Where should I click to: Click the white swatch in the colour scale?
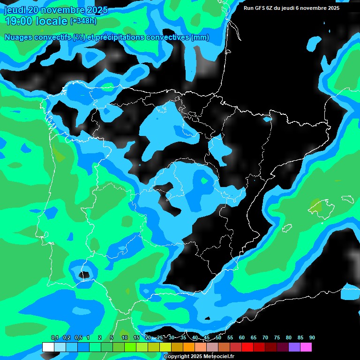(48, 347)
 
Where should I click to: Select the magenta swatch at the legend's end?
(306, 347)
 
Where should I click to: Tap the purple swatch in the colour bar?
(294, 347)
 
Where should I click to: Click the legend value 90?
(312, 337)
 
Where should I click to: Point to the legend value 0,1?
(55, 337)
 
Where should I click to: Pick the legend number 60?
(241, 337)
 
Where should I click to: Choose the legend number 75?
(277, 337)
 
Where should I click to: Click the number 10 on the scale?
(124, 337)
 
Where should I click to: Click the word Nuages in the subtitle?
(19, 37)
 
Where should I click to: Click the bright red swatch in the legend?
(247, 347)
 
